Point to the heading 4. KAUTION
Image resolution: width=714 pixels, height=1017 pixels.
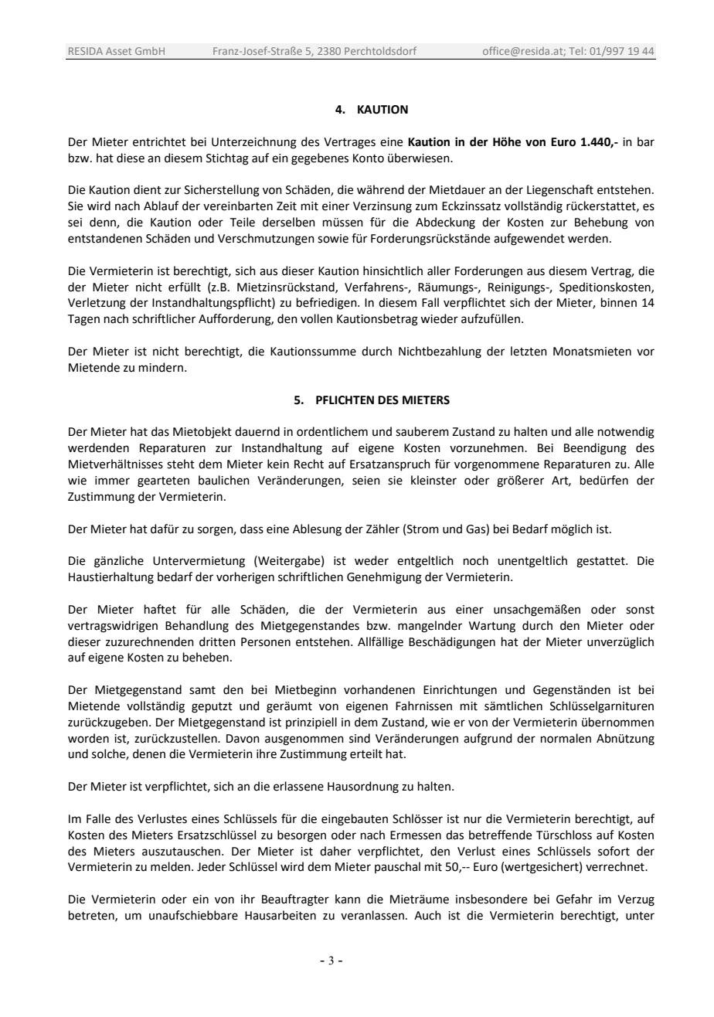[x=372, y=110]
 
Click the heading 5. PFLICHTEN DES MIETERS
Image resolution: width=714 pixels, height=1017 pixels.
[x=372, y=400]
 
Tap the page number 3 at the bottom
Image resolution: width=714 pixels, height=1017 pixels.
[x=331, y=961]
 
